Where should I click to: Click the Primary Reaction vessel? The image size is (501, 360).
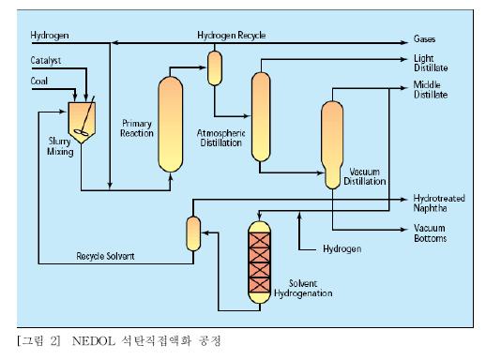pyautogui.click(x=169, y=123)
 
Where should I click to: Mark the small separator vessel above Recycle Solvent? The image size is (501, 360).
pyautogui.click(x=193, y=232)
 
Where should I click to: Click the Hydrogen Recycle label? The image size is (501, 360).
pyautogui.click(x=231, y=35)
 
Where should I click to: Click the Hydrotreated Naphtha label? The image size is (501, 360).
pyautogui.click(x=439, y=203)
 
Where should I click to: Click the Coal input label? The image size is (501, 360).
pyautogui.click(x=39, y=81)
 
